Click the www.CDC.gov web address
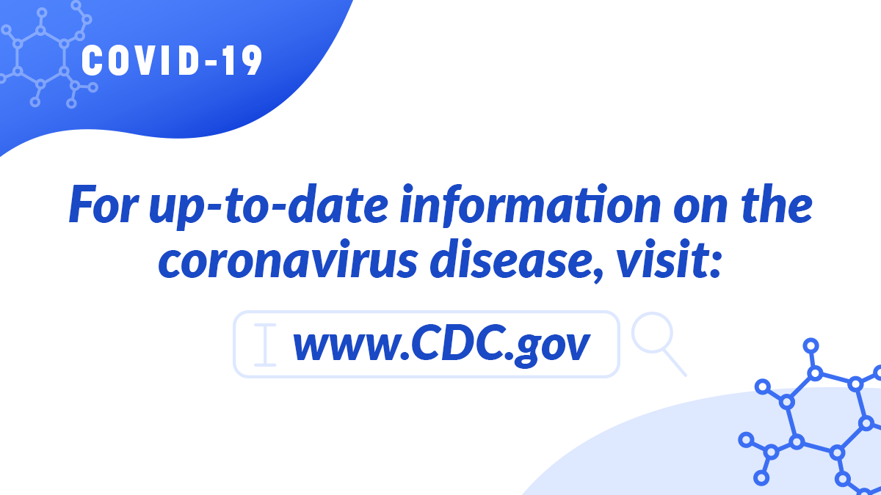[440, 345]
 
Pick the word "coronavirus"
[291, 261]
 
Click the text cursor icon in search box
[265, 345]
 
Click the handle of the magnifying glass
[675, 364]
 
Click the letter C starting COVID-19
[91, 60]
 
